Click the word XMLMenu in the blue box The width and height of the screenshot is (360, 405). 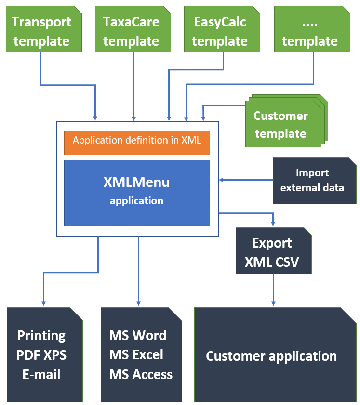tap(137, 183)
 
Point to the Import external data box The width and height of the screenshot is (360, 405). tap(312, 180)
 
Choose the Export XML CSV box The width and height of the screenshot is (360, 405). tap(272, 252)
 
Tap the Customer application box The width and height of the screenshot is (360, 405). tap(271, 356)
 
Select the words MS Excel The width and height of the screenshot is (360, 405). tap(136, 355)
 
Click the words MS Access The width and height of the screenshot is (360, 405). tap(141, 374)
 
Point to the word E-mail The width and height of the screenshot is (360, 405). tap(41, 374)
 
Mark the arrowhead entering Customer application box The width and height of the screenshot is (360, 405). tap(274, 302)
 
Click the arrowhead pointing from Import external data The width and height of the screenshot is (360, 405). tap(221, 180)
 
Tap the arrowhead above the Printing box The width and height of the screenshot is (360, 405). tap(43, 302)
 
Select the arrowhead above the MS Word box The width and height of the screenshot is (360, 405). tap(139, 302)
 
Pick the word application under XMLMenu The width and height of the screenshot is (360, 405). tap(136, 201)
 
